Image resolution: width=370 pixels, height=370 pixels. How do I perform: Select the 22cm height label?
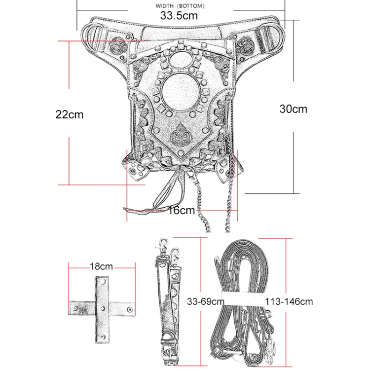pos(70,114)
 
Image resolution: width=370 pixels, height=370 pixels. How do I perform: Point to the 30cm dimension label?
pos(293,109)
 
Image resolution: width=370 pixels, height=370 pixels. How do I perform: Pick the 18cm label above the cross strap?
pos(101,267)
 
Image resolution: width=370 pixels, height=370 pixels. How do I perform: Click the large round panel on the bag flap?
pos(179,93)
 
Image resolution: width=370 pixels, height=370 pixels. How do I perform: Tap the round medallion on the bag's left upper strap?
pos(119,44)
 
